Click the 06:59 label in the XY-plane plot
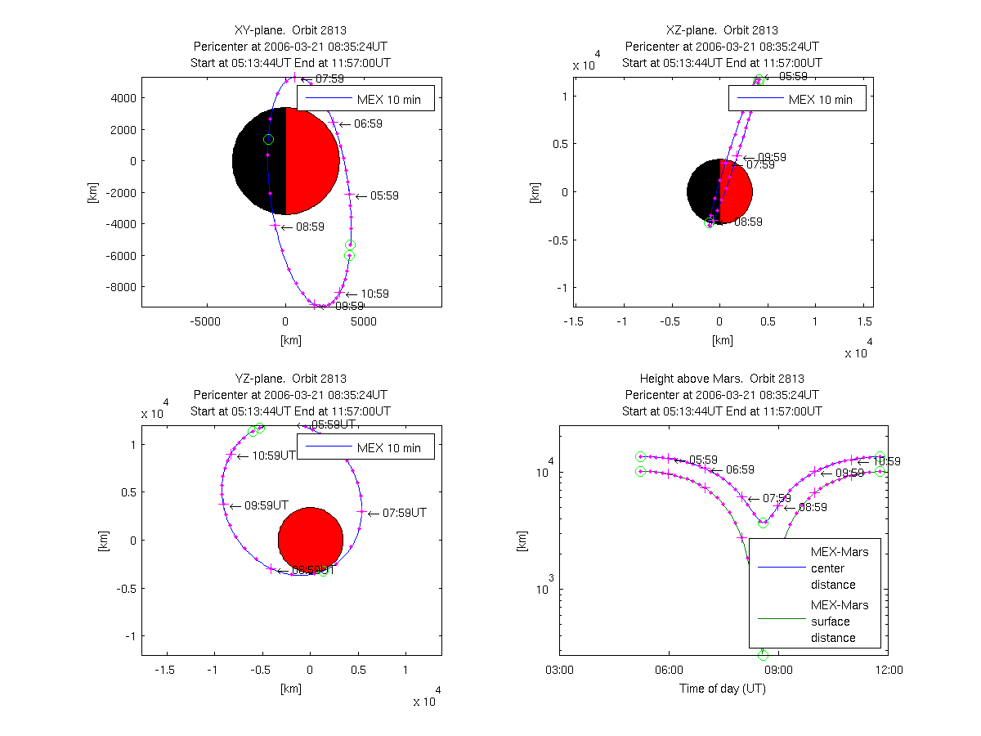pyautogui.click(x=368, y=124)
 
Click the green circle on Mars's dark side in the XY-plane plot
pyautogui.click(x=268, y=140)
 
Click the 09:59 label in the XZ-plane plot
pyautogui.click(x=772, y=157)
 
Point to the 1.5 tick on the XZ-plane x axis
pyautogui.click(x=863, y=322)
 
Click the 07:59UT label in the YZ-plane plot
pyautogui.click(x=405, y=514)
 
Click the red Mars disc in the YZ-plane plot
pyautogui.click(x=310, y=540)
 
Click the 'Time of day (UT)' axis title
pyautogui.click(x=723, y=689)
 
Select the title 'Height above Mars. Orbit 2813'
pyautogui.click(x=722, y=379)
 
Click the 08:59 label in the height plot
pyautogui.click(x=813, y=507)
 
